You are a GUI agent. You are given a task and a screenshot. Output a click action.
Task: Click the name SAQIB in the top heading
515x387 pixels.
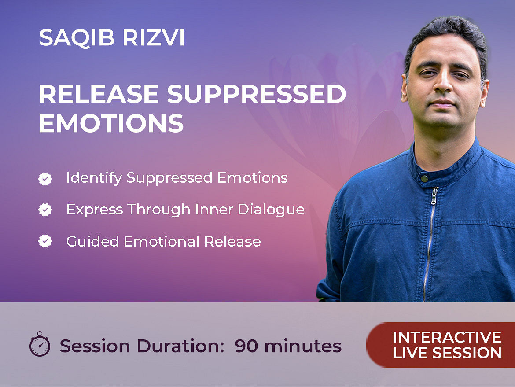[77, 38]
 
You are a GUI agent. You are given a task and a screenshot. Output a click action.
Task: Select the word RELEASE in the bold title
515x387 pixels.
[99, 94]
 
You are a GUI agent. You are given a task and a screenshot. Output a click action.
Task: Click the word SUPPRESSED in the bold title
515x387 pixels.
[257, 94]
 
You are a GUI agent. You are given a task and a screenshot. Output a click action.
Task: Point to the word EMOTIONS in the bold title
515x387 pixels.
[111, 123]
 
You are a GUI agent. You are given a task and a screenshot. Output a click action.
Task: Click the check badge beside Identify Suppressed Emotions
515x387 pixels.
[45, 179]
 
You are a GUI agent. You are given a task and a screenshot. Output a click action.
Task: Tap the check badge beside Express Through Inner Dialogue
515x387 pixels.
[45, 210]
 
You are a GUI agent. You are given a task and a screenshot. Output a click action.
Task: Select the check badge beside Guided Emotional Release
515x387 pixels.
[45, 241]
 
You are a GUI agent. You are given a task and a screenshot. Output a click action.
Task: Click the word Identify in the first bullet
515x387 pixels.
[94, 178]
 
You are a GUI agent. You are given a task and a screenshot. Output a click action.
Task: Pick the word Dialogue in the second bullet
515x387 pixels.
[271, 210]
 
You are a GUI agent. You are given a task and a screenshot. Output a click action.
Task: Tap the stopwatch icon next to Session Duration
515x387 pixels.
[40, 344]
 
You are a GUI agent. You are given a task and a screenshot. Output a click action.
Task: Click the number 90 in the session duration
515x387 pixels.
[246, 346]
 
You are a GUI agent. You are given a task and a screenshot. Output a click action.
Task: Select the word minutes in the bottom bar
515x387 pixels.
[303, 346]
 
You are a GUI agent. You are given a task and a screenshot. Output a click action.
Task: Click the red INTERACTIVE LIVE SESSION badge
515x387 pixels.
[441, 345]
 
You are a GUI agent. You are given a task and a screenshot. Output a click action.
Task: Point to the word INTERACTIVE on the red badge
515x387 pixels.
[447, 337]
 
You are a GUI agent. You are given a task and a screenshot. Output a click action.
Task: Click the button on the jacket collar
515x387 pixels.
[425, 179]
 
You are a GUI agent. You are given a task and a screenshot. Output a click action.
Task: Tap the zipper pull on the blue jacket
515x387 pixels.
[434, 196]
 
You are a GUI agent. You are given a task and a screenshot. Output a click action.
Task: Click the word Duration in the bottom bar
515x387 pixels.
[180, 346]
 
